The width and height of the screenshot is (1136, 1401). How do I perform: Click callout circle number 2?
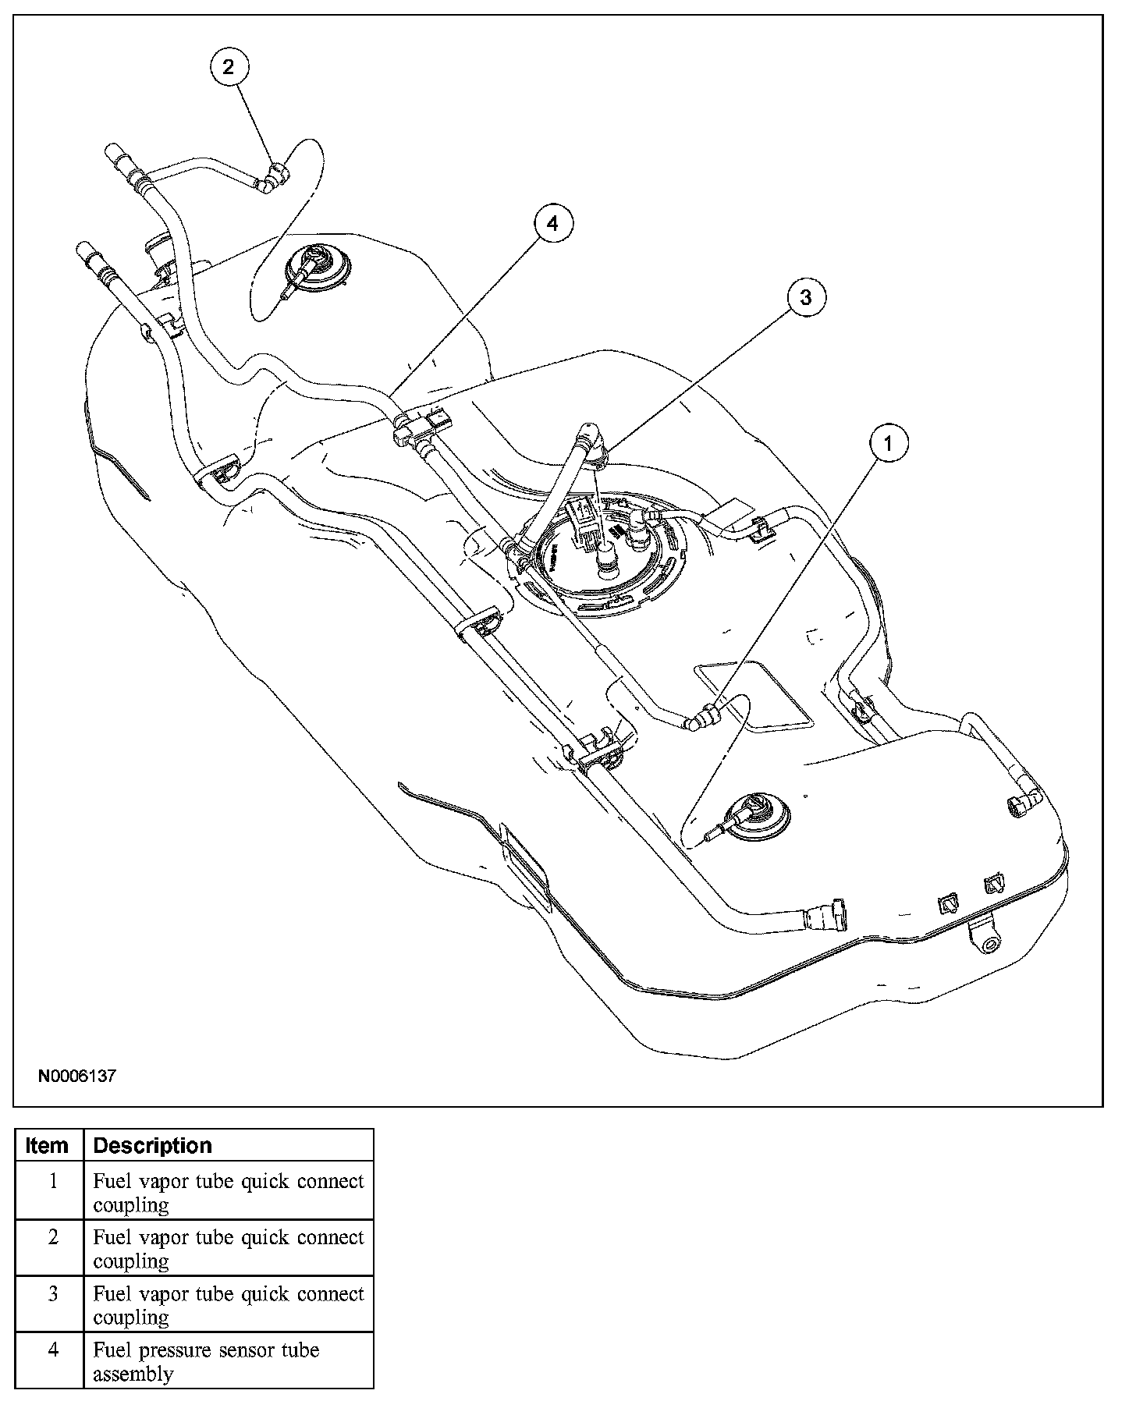coord(228,67)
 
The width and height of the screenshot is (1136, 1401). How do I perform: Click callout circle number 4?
coord(552,225)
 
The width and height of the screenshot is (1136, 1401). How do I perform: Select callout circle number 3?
coord(805,297)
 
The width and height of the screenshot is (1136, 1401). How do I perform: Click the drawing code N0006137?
coord(77,1076)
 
